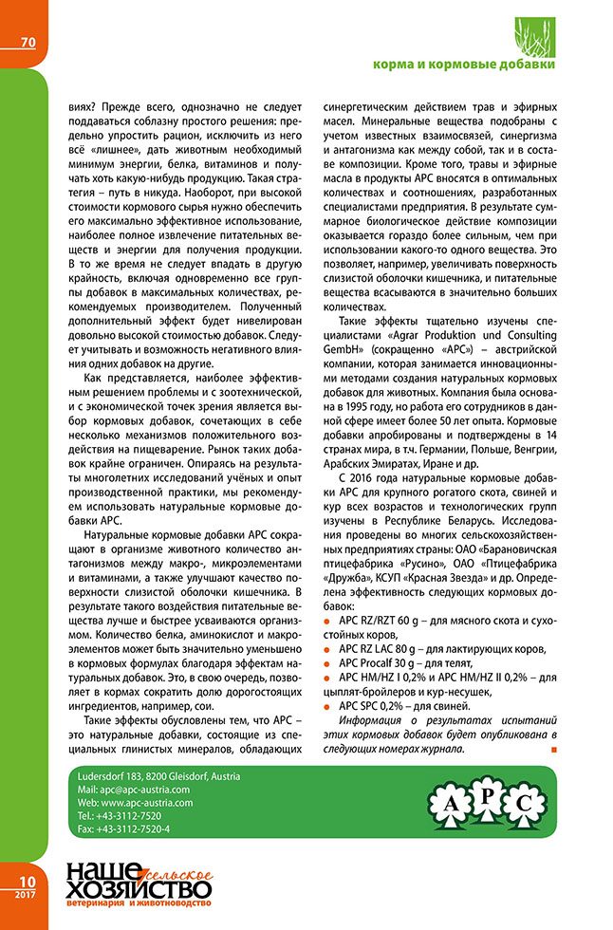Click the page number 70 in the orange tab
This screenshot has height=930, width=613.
[x=27, y=42]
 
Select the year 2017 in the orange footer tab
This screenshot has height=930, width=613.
[x=25, y=894]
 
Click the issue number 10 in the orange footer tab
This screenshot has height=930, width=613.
[x=26, y=880]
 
